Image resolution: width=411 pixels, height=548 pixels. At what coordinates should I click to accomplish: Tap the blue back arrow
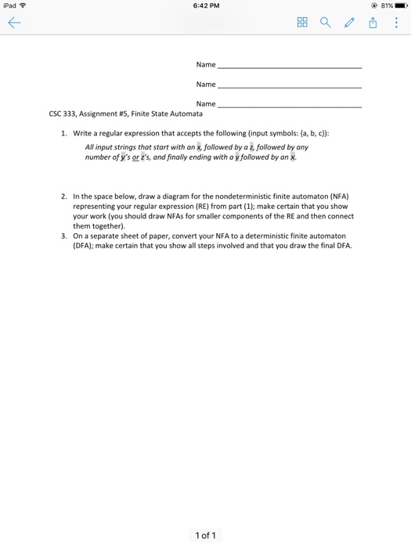pyautogui.click(x=15, y=23)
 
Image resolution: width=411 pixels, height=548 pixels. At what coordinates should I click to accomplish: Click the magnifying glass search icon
pyautogui.click(x=325, y=23)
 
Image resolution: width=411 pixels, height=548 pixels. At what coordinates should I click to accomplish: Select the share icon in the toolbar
pyautogui.click(x=373, y=23)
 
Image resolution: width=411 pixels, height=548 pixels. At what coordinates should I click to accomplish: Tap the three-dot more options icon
pyautogui.click(x=396, y=23)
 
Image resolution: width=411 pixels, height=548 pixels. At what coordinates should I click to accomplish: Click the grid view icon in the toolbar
pyautogui.click(x=302, y=23)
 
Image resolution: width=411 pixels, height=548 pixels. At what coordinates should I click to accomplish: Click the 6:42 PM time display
pyautogui.click(x=205, y=6)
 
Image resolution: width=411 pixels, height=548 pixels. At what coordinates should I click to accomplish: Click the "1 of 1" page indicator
pyautogui.click(x=205, y=535)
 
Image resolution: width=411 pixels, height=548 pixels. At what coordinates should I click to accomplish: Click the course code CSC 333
pyautogui.click(x=63, y=114)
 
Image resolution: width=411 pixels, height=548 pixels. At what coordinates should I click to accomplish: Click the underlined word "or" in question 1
pyautogui.click(x=135, y=157)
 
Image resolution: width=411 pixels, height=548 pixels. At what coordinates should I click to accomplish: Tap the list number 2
pyautogui.click(x=64, y=196)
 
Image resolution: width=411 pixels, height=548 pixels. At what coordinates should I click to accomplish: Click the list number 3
pyautogui.click(x=64, y=235)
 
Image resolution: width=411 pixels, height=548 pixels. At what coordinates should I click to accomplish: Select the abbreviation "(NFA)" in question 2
pyautogui.click(x=336, y=196)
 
